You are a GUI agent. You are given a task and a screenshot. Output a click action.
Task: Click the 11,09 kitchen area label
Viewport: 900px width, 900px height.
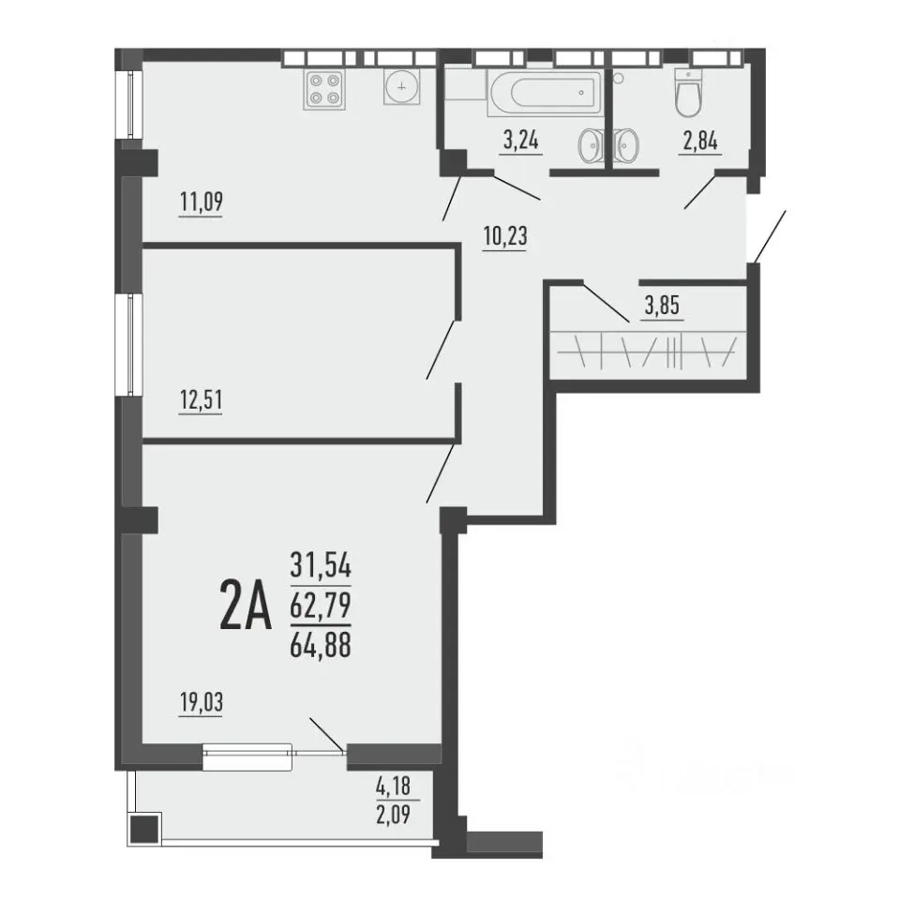coord(201,202)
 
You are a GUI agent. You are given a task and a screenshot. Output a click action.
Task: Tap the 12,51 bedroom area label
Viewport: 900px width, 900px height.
coord(201,400)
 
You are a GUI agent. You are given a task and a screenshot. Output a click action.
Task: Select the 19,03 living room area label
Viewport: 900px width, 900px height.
coord(202,702)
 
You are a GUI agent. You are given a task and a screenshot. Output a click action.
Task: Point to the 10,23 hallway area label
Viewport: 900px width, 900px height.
coord(505,236)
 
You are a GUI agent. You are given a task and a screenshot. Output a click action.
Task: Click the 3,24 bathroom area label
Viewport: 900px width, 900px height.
coord(521,140)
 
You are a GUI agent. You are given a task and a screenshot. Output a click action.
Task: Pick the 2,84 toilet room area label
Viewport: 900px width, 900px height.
coord(701,141)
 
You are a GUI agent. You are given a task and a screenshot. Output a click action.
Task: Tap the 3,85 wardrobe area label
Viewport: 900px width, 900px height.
coord(663,306)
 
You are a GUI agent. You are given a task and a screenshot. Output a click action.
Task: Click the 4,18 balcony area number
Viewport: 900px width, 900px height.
coord(394,786)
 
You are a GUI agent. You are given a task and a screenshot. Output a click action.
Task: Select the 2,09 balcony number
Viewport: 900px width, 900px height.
coord(394,814)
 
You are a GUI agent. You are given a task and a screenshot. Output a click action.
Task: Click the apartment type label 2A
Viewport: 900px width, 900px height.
coord(245,605)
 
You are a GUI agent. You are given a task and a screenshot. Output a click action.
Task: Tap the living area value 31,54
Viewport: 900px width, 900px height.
coord(321,564)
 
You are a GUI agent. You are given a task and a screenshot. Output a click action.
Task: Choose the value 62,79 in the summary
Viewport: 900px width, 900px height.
coord(321,605)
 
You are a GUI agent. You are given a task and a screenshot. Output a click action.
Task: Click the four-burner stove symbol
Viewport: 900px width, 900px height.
coord(324,90)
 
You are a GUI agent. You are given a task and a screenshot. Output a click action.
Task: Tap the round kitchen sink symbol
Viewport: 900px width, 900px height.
coord(402,87)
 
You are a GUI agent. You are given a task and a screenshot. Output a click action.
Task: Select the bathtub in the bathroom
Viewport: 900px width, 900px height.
coord(546,92)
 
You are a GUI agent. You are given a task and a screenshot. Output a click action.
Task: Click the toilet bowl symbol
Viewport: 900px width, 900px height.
coord(688,94)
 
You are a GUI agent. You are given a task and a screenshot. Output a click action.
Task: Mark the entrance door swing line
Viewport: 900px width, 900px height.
coord(770,236)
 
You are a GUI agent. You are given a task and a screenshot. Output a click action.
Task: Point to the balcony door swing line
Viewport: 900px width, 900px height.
coord(327,734)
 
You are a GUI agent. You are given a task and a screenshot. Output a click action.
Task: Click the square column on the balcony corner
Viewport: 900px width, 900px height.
coord(145,829)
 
